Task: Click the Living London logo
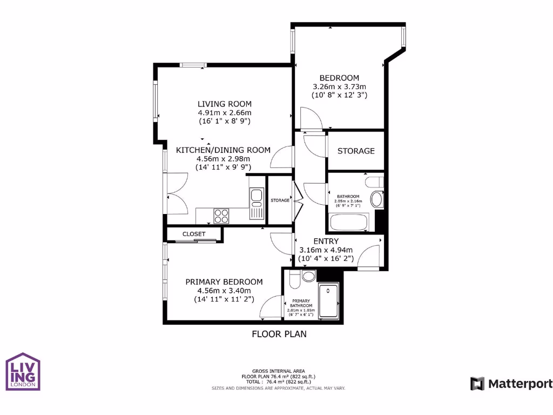click(23, 371)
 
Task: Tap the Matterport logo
click(511, 384)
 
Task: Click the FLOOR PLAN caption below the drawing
click(279, 334)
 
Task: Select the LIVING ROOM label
click(224, 104)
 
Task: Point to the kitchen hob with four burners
click(221, 216)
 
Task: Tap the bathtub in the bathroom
click(349, 223)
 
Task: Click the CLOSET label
click(194, 234)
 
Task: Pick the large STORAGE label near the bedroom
click(356, 151)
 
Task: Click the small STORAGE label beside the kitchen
click(280, 200)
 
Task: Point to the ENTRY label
click(326, 241)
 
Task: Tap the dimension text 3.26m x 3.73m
click(339, 86)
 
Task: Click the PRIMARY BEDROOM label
click(224, 282)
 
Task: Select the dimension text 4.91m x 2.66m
click(224, 113)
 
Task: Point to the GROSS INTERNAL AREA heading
click(279, 371)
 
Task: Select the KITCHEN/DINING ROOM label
click(223, 150)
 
